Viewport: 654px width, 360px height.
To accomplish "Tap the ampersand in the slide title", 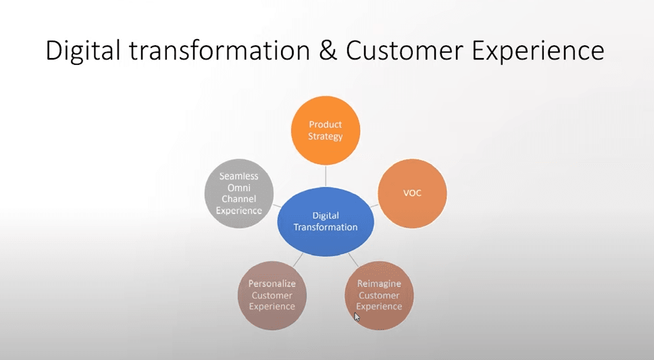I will point(328,51).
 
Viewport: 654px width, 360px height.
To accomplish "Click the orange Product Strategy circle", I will point(325,130).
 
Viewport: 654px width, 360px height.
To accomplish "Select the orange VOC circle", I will point(411,192).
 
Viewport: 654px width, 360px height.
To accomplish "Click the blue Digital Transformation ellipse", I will point(326,222).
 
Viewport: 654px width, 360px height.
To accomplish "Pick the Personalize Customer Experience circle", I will point(272,295).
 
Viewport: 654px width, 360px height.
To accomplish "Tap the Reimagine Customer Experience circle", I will point(379,295).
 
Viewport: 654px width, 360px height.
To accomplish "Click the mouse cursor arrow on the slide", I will point(357,316).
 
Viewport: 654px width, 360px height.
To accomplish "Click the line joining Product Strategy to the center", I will point(326,175).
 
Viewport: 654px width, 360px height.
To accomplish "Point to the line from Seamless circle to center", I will point(276,205).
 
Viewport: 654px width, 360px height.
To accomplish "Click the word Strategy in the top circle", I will point(326,136).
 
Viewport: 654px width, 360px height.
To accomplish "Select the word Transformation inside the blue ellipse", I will point(326,228).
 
